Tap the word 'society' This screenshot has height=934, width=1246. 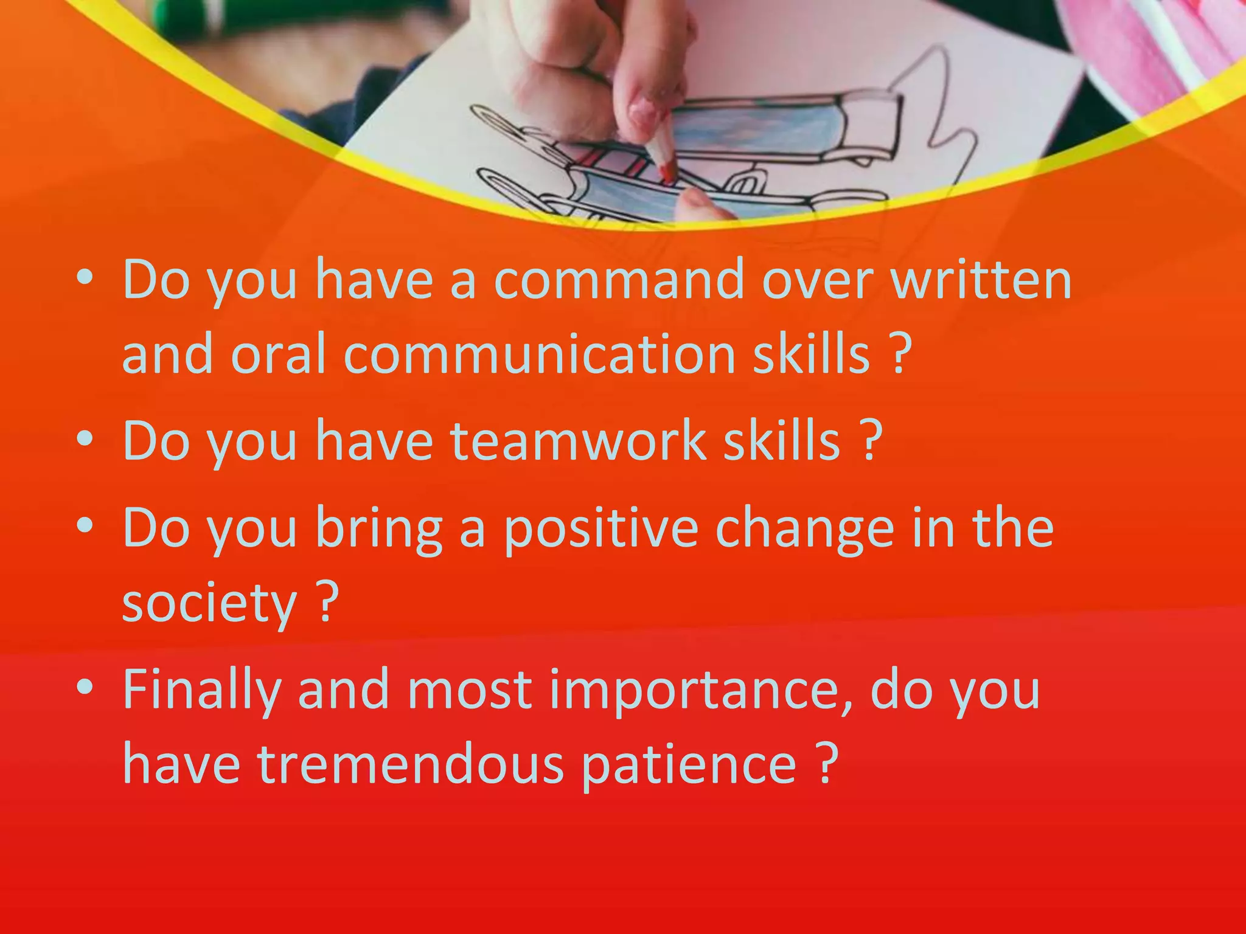coord(209,603)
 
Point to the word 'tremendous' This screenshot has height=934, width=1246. coord(411,764)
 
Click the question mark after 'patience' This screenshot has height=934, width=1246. coord(826,764)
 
